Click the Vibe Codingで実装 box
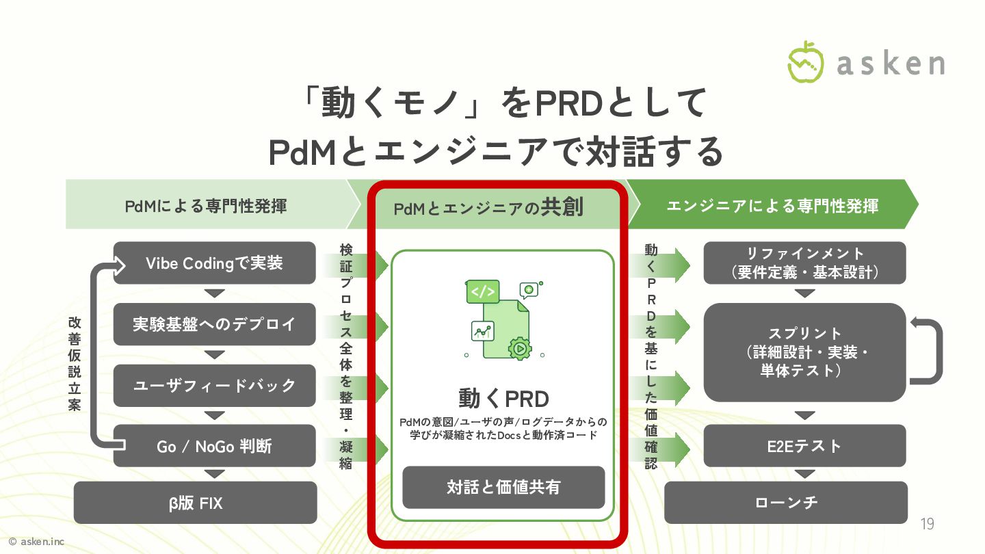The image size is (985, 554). tap(214, 263)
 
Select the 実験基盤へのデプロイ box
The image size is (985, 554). tap(214, 324)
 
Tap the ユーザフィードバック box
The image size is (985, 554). tap(214, 385)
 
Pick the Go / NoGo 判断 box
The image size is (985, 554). tap(214, 446)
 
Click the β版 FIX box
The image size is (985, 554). tap(195, 503)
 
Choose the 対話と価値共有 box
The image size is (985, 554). tap(503, 487)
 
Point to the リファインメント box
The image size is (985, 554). tap(804, 263)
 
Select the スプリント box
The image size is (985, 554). tap(804, 352)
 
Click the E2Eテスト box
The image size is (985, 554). tap(804, 446)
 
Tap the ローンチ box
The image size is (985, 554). tap(786, 503)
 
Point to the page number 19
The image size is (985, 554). tap(927, 525)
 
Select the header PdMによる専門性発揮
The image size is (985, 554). tap(205, 205)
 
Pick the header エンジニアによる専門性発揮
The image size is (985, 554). tap(772, 205)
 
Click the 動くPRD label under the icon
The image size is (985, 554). tap(503, 399)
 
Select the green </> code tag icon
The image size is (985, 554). tap(482, 291)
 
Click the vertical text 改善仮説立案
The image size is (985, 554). tap(75, 364)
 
